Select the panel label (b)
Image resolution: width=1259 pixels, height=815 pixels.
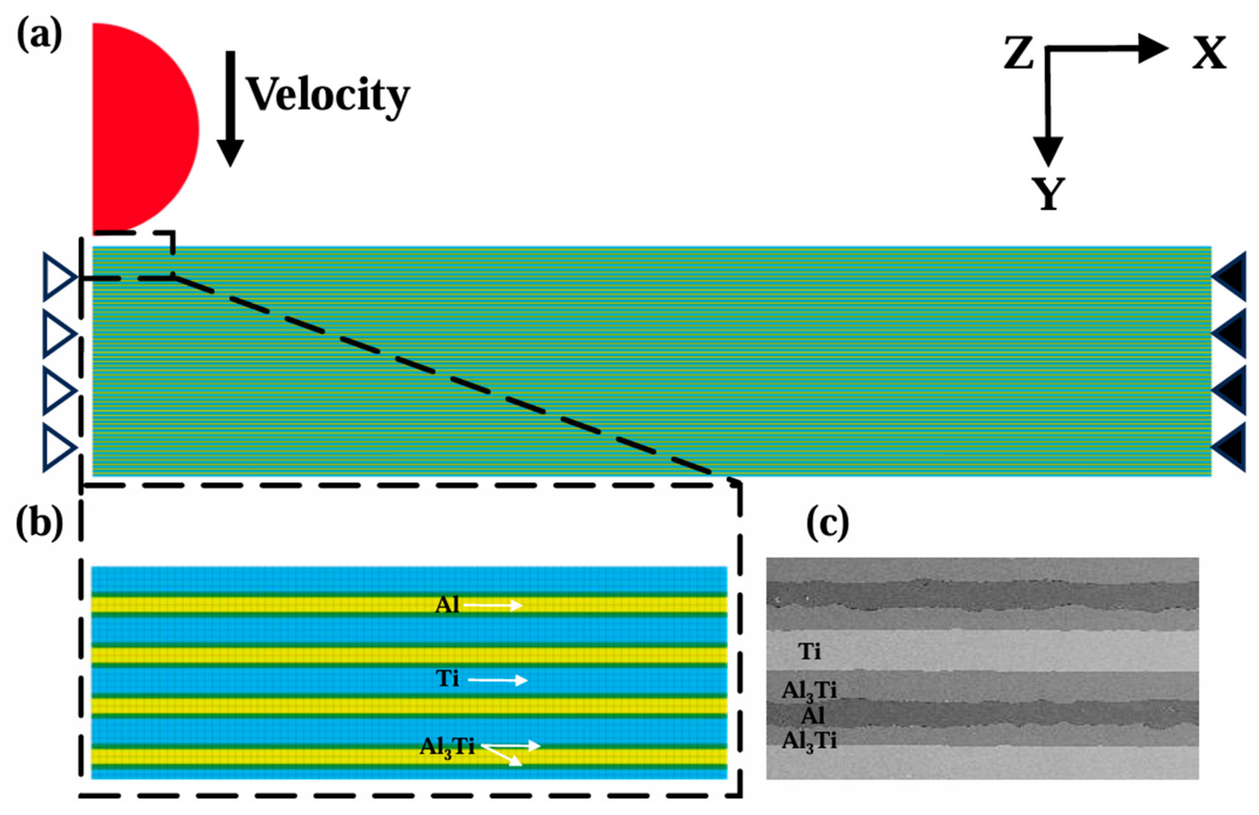(x=39, y=525)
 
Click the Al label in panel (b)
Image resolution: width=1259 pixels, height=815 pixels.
(x=447, y=605)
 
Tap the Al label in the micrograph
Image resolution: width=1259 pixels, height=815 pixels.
(x=813, y=716)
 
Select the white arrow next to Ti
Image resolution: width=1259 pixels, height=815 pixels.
(x=498, y=680)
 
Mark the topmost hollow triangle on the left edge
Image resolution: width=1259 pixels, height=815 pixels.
(x=59, y=277)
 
